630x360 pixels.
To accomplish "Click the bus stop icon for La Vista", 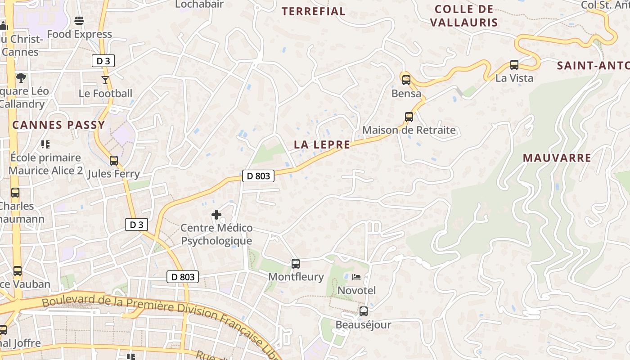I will point(514,65).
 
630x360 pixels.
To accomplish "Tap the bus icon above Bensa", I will point(406,80).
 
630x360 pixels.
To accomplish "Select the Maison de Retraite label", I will point(409,130).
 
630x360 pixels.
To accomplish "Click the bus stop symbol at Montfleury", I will point(296,264).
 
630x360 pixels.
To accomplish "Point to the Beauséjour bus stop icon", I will point(364,311).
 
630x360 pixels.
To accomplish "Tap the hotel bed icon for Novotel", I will point(356,277).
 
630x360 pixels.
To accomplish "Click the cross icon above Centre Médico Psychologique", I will point(216,215).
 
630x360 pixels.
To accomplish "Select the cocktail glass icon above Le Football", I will point(105,80).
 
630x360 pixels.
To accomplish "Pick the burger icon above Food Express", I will point(79,21).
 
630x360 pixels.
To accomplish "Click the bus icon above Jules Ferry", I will point(114,161).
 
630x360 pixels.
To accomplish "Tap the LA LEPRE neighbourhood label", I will point(322,144).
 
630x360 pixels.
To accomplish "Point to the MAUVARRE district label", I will point(557,158).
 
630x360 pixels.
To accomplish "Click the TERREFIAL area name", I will point(314,11).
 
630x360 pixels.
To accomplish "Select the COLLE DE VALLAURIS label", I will point(464,16).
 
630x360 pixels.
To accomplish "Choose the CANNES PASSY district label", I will point(58,125).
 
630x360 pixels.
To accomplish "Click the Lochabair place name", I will point(199,4).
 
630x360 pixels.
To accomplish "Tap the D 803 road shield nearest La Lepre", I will point(258,176).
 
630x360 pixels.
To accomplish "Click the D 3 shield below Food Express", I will point(103,61).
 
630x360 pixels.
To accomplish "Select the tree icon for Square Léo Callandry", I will point(21,77).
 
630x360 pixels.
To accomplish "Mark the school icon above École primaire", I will point(45,144).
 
